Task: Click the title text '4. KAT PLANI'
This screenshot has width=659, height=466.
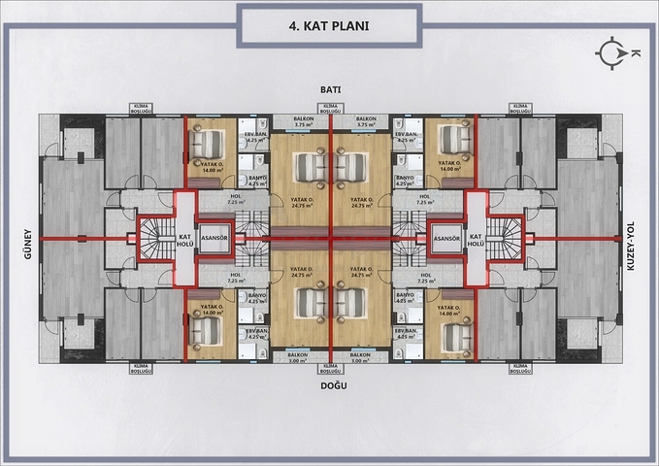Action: [x=329, y=28]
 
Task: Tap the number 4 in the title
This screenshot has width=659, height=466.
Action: [x=292, y=28]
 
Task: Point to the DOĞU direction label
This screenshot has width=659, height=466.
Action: [x=329, y=385]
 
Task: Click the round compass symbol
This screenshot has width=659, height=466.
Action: [x=613, y=54]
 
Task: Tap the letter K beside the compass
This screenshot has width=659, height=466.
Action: [x=636, y=54]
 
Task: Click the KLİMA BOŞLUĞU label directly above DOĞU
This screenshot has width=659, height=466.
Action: [x=329, y=368]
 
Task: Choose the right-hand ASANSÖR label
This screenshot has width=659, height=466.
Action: [x=445, y=238]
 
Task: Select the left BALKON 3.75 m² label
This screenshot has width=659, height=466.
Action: [x=303, y=121]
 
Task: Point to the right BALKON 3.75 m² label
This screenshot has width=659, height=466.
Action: [x=366, y=121]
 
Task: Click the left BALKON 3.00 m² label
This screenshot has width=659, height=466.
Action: [x=299, y=356]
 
